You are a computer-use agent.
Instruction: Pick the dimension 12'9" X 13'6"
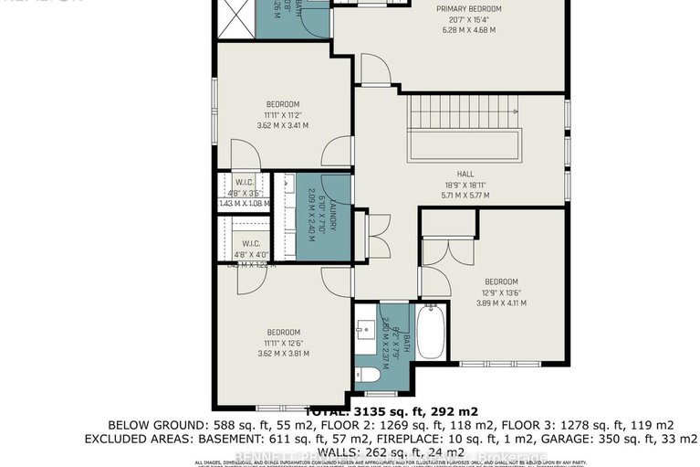coord(501,292)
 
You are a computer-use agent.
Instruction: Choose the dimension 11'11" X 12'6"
coord(283,343)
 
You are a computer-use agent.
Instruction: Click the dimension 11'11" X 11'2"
coord(283,115)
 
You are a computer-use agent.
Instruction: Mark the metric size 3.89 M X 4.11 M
coord(501,303)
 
